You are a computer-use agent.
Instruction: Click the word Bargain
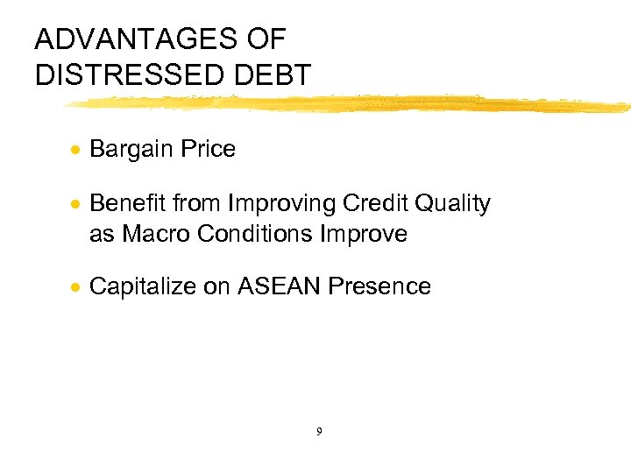point(131,150)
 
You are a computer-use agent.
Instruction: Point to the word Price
point(208,150)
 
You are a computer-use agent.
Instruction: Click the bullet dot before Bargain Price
point(77,150)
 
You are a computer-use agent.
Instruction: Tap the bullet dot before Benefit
point(77,205)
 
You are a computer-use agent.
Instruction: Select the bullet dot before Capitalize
point(77,287)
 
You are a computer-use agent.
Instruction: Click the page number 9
point(318,431)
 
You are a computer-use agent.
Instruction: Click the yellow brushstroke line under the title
point(351,105)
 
